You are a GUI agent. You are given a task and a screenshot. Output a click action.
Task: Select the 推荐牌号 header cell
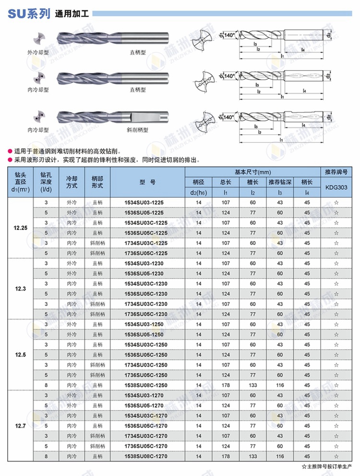click(x=336, y=171)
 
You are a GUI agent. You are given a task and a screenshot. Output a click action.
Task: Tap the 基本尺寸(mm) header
click(x=252, y=171)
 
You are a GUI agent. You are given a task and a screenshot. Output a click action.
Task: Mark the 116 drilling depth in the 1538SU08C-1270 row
click(x=280, y=456)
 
